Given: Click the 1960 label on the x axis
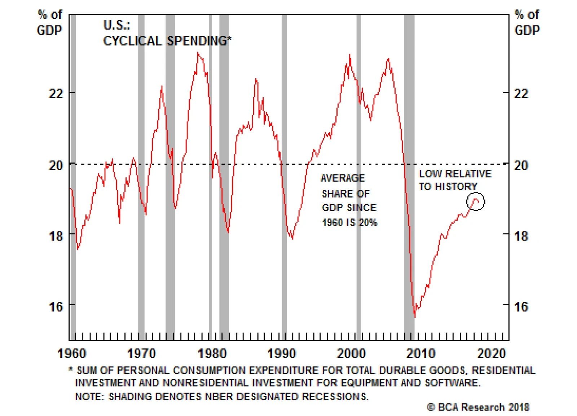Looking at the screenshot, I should click(72, 353).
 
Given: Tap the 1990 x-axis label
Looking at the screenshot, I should click(282, 353).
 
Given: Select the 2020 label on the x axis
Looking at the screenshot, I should click(492, 353).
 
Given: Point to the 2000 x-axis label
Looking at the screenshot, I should click(351, 353).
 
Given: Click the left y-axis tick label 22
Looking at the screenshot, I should click(56, 94).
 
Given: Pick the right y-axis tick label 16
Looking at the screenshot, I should click(521, 307).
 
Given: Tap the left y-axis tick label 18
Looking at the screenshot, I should click(56, 236).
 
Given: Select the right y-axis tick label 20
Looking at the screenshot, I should click(521, 165).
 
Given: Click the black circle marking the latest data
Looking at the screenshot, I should click(476, 202).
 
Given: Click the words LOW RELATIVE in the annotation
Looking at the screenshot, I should click(455, 174).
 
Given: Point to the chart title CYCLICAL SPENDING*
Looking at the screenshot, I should click(167, 41).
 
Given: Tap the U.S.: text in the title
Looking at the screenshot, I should click(116, 25).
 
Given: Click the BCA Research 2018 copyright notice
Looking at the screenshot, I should click(478, 407).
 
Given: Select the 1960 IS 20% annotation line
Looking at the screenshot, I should click(349, 222).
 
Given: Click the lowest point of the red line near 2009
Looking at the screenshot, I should click(415, 317).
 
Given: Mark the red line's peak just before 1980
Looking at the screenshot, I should click(198, 53).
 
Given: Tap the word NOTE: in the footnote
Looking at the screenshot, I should click(89, 396).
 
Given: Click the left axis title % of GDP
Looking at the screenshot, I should click(50, 22).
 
